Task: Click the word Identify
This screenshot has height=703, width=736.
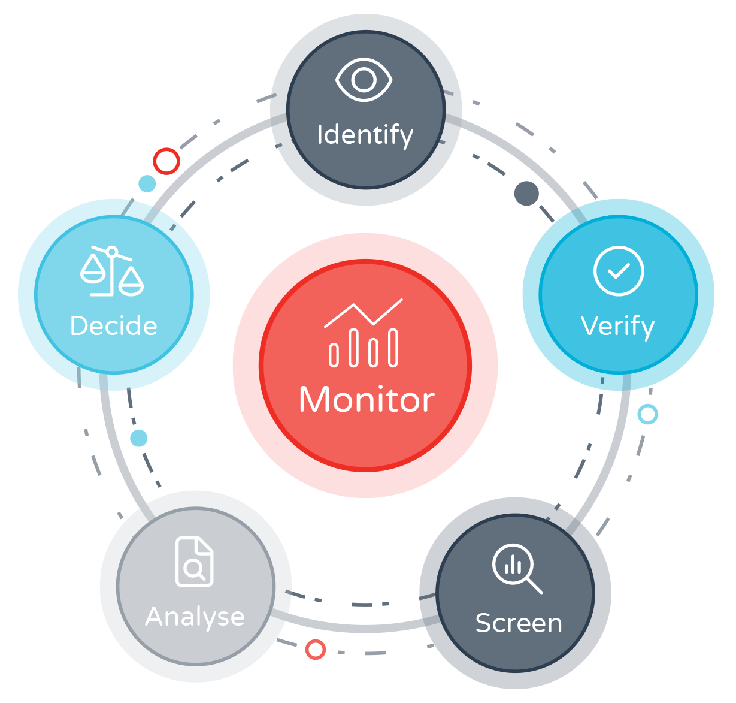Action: tap(365, 135)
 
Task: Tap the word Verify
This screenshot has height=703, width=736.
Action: tap(617, 327)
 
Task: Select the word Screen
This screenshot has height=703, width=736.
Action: tap(519, 623)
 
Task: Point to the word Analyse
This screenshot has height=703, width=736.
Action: tap(195, 617)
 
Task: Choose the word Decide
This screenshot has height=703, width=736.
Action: tap(113, 326)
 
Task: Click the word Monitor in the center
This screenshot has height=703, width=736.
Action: tap(367, 400)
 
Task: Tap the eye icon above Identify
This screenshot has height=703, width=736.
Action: tap(364, 80)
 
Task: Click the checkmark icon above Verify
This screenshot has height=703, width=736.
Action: tap(619, 271)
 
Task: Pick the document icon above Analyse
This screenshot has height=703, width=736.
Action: tap(195, 562)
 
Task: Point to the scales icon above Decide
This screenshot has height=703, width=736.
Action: tap(112, 271)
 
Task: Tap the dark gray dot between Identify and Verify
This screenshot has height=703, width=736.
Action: tap(526, 193)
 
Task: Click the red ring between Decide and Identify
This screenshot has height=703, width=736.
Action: tap(166, 161)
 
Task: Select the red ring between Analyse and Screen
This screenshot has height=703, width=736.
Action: tap(315, 649)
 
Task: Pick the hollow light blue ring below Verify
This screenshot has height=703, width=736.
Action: tap(647, 414)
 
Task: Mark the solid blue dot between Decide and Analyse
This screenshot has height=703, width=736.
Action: tap(139, 438)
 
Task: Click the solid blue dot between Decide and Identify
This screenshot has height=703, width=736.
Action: tap(147, 183)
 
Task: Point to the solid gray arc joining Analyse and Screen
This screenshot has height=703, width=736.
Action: tap(359, 627)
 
